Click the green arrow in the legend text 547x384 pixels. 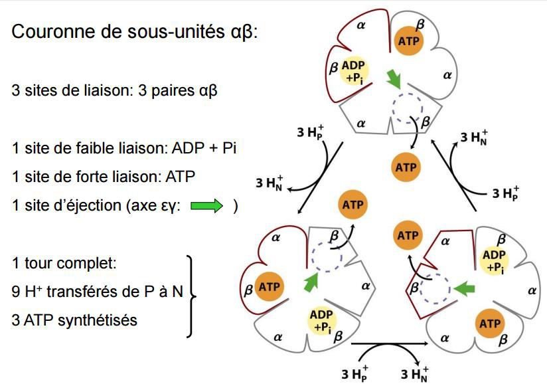point(208,206)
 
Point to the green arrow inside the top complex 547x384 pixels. point(395,80)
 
